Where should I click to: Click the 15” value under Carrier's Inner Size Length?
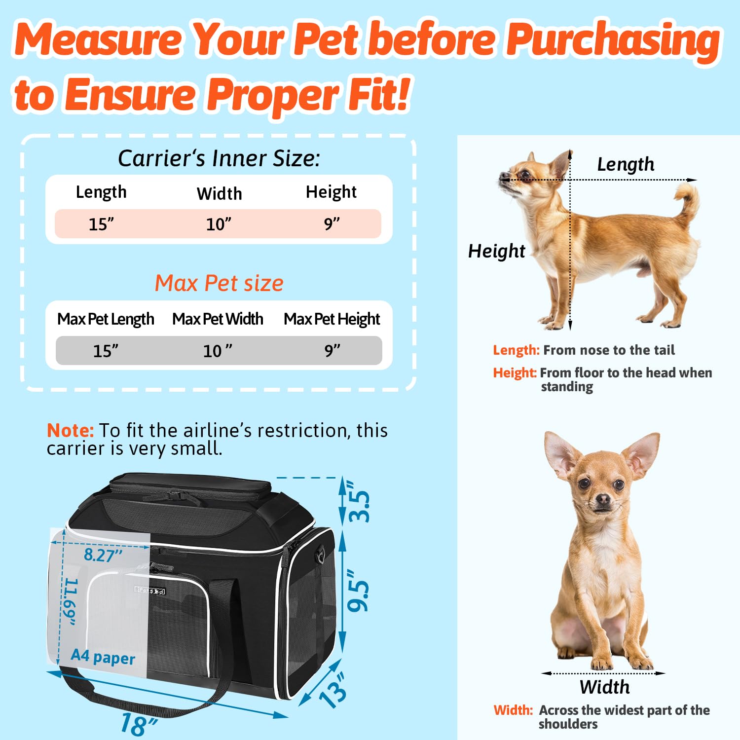[x=101, y=224]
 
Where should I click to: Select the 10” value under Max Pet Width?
[x=218, y=351]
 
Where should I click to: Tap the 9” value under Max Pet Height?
[x=332, y=350]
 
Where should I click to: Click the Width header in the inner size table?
[x=220, y=193]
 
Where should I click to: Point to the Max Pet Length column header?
[x=106, y=319]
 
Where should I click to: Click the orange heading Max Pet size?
[x=219, y=283]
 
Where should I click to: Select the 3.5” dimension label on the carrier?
[x=359, y=501]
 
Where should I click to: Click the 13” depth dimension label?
[x=333, y=690]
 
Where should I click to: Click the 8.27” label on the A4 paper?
[x=103, y=555]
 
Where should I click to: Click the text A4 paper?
[x=103, y=657]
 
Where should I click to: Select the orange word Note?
[x=70, y=430]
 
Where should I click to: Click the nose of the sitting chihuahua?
[x=603, y=499]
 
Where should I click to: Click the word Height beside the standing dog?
[x=497, y=251]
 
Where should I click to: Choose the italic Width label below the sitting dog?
[x=605, y=687]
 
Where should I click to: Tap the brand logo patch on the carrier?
[x=150, y=591]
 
